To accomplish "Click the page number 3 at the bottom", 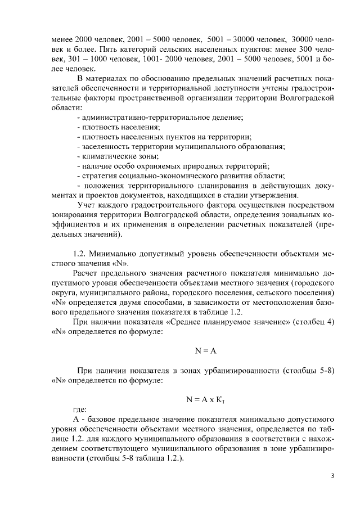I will coord(331,477).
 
